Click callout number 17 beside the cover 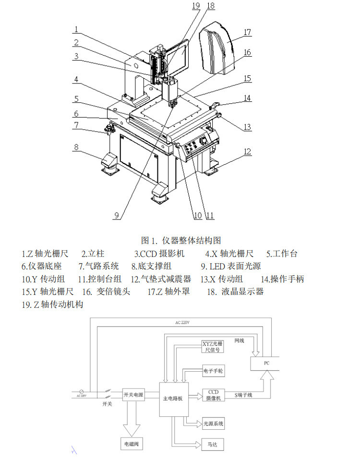pyautogui.click(x=247, y=33)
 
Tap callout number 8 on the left pyautogui.click(x=76, y=147)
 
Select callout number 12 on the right pyautogui.click(x=247, y=152)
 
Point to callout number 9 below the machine pyautogui.click(x=116, y=216)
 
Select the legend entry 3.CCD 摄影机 pyautogui.click(x=159, y=253)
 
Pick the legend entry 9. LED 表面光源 pyautogui.click(x=231, y=266)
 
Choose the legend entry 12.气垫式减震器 pyautogui.click(x=161, y=279)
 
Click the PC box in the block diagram pyautogui.click(x=267, y=363)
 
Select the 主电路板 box pyautogui.click(x=174, y=398)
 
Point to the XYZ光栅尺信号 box pyautogui.click(x=212, y=347)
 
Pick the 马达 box pyautogui.click(x=213, y=445)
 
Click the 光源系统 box pyautogui.click(x=213, y=424)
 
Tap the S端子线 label pyautogui.click(x=243, y=395)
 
